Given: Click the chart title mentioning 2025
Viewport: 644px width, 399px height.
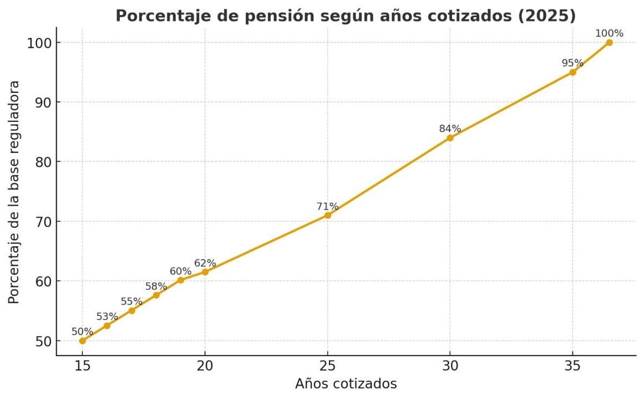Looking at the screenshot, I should [346, 16].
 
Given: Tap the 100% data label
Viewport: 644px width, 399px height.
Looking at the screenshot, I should [609, 33].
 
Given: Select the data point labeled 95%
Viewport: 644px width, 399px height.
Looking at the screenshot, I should [572, 72].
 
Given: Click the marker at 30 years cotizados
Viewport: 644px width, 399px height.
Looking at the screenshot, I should [450, 137].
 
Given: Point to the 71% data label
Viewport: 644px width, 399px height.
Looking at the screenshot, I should [327, 206].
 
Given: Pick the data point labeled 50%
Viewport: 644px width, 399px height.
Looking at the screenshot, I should [83, 341].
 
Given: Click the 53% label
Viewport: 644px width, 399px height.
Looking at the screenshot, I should [107, 316].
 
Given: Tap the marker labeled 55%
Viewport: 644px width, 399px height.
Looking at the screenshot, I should [131, 310].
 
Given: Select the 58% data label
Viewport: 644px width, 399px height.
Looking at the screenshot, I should [156, 287].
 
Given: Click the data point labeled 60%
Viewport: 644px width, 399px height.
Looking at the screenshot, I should [180, 280].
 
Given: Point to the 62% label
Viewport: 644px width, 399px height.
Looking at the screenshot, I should [205, 263].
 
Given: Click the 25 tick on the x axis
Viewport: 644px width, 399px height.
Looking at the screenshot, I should [327, 366].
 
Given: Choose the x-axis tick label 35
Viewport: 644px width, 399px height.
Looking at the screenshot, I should [572, 366].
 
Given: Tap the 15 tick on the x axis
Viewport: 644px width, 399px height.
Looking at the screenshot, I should [83, 366].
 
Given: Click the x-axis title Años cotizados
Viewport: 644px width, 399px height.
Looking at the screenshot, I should [346, 383].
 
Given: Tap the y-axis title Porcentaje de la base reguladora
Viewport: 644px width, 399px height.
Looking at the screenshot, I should [14, 192].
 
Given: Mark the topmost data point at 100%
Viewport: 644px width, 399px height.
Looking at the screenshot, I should [609, 43].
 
